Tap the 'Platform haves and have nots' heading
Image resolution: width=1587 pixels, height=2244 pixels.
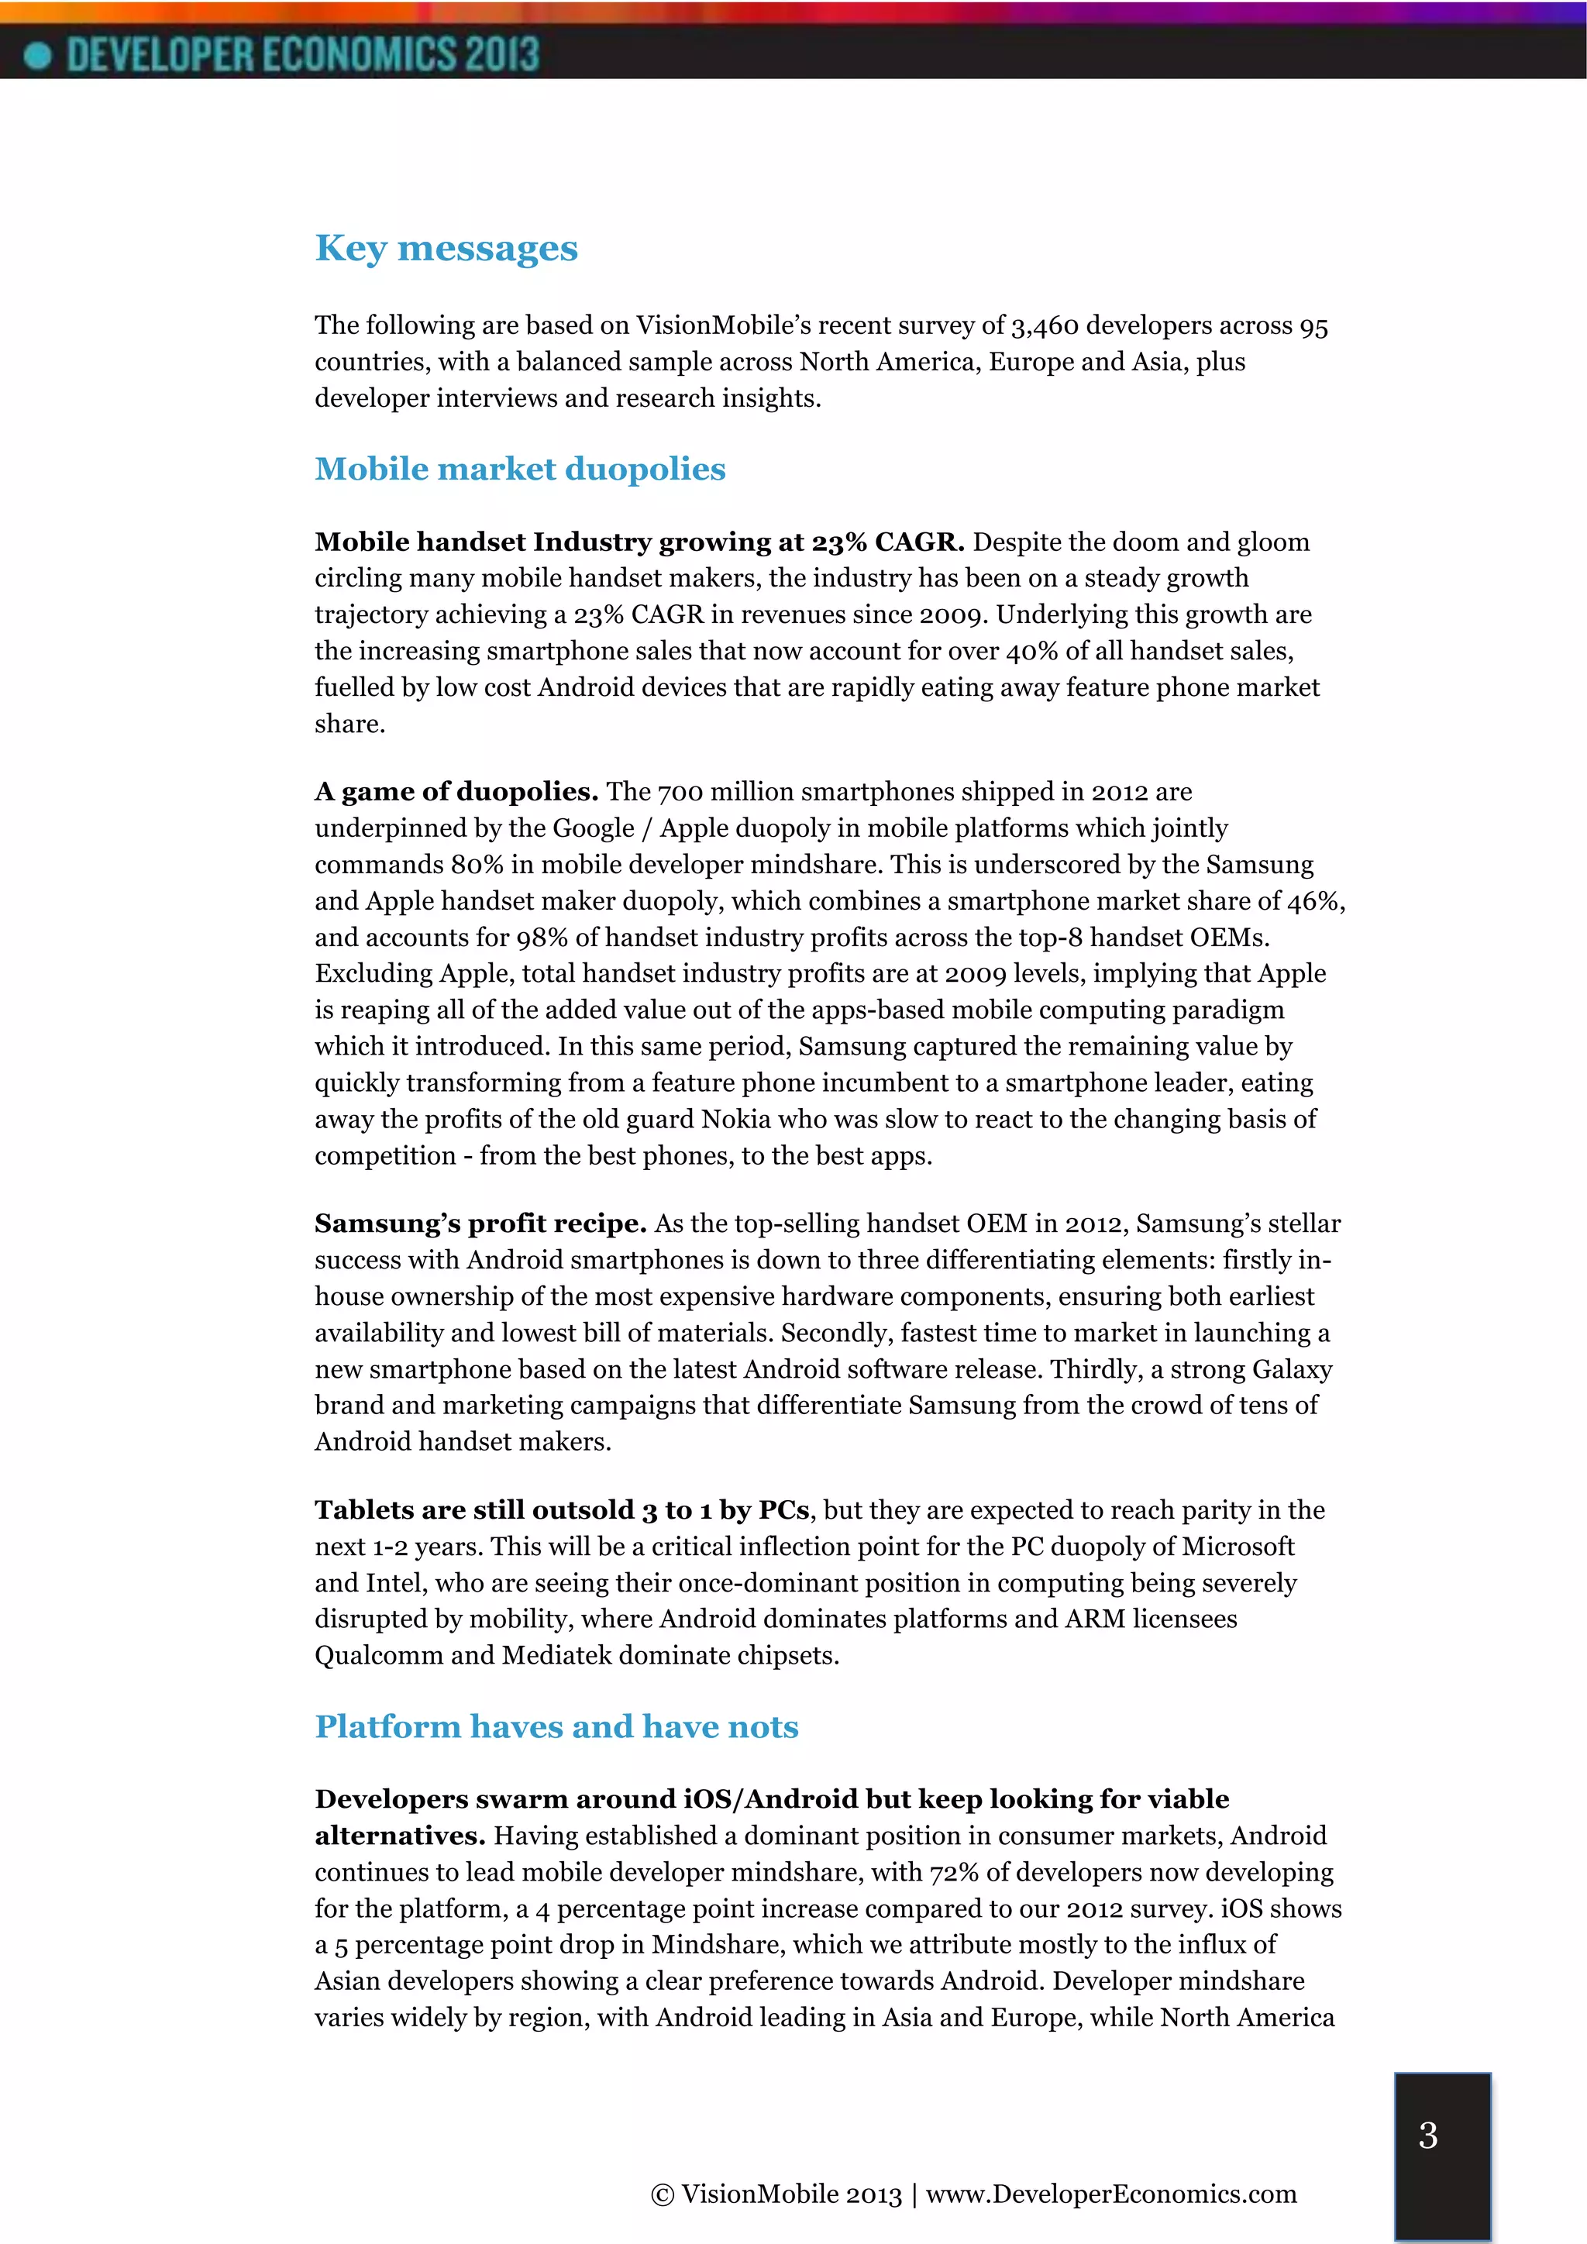(556, 1727)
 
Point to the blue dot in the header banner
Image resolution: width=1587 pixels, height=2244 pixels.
(37, 56)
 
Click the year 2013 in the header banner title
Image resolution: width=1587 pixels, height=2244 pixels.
(501, 55)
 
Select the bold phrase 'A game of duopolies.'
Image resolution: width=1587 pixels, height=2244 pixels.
(456, 792)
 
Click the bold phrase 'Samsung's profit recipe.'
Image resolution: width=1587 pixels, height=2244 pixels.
(480, 1224)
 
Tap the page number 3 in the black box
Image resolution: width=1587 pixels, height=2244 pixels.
(1427, 2136)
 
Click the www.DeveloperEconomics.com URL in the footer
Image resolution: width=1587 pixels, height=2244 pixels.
(1110, 2194)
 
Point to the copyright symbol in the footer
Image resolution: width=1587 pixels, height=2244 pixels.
(662, 2195)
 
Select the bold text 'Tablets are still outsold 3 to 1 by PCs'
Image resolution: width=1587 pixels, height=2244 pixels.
(562, 1510)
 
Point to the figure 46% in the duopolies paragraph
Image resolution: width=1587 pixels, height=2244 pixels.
(1314, 901)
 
